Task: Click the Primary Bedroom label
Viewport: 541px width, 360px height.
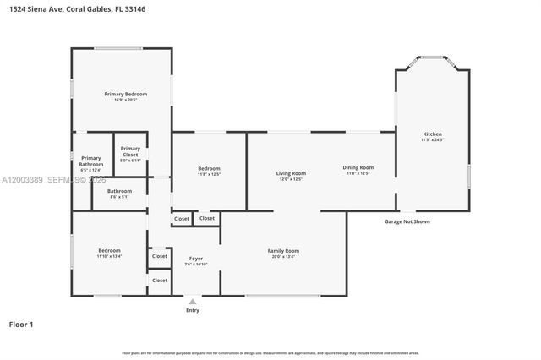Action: [125, 94]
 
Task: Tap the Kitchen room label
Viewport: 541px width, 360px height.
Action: [432, 134]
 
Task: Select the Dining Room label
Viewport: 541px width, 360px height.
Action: [358, 167]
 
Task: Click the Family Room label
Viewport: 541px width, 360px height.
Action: [283, 251]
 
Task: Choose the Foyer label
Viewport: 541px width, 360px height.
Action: [195, 259]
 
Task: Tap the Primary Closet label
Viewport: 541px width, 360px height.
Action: [130, 152]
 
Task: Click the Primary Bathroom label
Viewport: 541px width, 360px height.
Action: [90, 161]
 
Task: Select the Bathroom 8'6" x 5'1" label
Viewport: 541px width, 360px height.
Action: [118, 191]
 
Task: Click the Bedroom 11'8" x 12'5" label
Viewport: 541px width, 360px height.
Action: [209, 167]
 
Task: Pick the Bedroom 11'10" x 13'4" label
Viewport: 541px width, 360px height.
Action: [109, 251]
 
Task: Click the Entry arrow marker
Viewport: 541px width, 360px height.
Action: [193, 300]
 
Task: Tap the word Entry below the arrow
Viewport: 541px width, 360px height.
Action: [193, 310]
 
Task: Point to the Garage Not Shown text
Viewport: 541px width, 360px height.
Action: [407, 221]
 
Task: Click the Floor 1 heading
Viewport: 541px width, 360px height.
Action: [22, 324]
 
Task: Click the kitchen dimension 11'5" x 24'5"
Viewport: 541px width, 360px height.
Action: [432, 139]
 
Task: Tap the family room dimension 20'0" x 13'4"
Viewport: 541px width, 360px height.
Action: [283, 256]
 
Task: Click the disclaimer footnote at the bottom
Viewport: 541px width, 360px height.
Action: [270, 352]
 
